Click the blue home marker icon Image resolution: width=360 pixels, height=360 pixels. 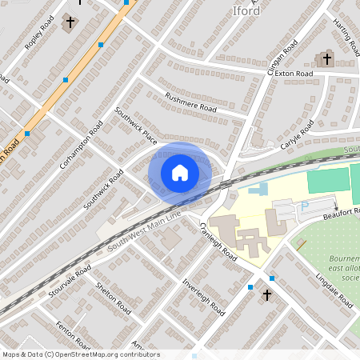180,172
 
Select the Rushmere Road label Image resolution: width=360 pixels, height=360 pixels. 191,102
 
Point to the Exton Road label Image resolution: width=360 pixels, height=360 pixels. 294,74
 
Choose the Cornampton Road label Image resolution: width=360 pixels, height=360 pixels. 81,145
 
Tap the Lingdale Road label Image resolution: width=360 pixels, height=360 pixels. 334,289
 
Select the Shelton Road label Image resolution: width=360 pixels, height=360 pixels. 112,296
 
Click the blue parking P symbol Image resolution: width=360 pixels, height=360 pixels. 305,206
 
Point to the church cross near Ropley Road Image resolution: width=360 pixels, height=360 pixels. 70,22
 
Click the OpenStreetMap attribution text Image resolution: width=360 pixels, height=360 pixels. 81,354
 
